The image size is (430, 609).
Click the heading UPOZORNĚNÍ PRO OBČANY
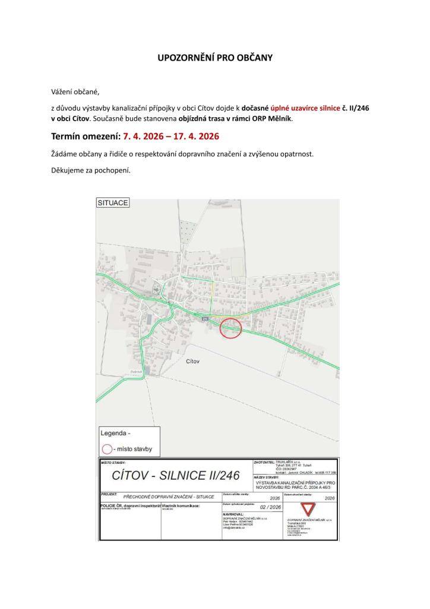tap(215, 58)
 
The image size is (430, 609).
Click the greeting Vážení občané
tap(75, 92)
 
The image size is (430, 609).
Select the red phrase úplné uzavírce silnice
tap(306, 108)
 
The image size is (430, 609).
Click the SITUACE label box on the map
tap(113, 203)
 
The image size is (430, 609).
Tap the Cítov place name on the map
tap(192, 361)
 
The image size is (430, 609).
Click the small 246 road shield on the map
tap(205, 319)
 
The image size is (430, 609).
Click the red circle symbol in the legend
tap(107, 449)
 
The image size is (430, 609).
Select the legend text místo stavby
tap(136, 449)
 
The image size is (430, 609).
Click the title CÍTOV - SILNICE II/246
tap(176, 475)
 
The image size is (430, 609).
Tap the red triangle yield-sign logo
tap(307, 510)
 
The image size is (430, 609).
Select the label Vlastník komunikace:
tap(181, 506)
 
